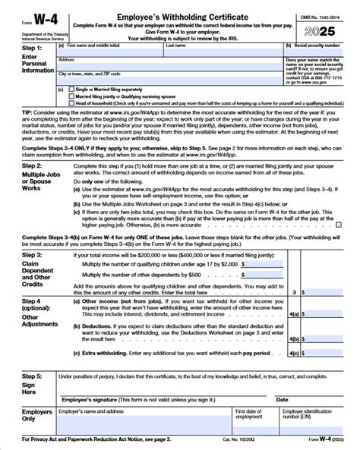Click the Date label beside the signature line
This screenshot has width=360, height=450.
282,399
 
